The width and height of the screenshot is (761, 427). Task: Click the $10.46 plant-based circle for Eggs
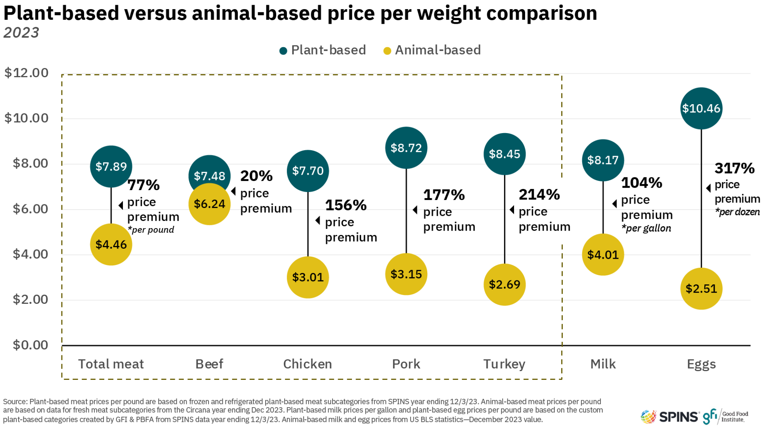[x=701, y=108]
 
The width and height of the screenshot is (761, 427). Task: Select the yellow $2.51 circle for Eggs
[x=701, y=288]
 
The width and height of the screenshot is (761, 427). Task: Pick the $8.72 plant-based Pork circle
[x=406, y=148]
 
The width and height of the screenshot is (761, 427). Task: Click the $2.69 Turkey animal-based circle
[x=504, y=284]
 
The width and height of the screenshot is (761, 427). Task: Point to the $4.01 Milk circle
[x=602, y=255]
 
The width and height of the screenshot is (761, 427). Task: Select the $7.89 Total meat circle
[x=111, y=166]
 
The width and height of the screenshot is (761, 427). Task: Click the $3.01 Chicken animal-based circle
[x=308, y=277]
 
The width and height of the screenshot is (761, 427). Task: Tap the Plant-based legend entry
[x=323, y=50]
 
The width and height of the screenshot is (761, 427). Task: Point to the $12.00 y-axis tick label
[x=26, y=73]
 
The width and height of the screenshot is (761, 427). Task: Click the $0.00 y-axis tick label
[x=30, y=345]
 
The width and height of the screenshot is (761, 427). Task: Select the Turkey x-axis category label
[x=504, y=364]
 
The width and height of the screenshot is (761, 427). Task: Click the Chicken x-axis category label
[x=308, y=364]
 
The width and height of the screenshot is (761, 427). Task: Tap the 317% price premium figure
[x=734, y=168]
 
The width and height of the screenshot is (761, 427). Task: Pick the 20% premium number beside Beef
[x=256, y=176]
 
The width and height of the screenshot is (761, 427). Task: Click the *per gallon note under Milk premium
[x=646, y=229]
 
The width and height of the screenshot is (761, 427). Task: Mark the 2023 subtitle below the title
[x=21, y=33]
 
